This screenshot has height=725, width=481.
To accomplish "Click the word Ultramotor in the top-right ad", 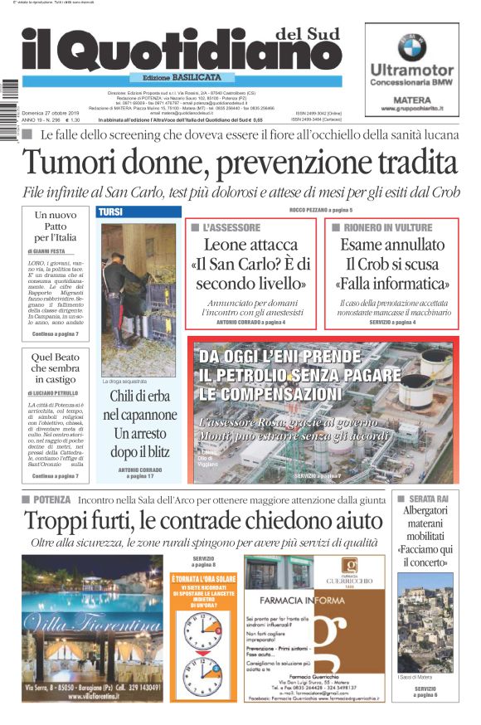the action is click(411, 70).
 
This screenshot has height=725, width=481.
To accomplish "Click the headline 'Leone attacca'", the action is click(250, 245).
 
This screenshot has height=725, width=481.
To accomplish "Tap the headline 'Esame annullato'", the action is click(391, 245).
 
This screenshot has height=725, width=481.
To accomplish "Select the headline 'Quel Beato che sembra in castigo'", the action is click(55, 367).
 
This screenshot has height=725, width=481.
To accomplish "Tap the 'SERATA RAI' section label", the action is click(429, 498).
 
